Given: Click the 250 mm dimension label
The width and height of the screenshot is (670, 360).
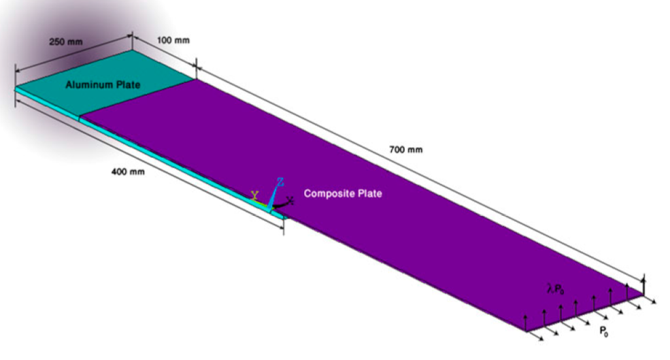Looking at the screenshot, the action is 66,42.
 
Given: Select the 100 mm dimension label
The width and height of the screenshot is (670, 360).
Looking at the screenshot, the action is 173,41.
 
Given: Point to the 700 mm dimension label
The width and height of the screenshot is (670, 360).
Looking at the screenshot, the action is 406,150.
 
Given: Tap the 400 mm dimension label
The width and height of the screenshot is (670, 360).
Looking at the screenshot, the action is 128,172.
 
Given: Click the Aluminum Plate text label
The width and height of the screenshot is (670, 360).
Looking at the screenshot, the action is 103,84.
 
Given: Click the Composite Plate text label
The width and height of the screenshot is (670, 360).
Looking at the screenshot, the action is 343,193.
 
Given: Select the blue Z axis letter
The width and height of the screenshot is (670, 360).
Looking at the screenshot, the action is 280,182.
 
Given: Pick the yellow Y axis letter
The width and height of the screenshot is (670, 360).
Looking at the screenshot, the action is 254,196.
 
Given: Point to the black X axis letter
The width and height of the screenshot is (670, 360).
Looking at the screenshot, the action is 290,200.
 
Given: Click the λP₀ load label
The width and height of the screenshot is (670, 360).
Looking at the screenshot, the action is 556,289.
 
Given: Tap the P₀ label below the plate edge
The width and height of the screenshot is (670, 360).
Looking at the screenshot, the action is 604,331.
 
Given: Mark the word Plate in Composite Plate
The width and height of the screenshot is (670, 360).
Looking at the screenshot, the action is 369,193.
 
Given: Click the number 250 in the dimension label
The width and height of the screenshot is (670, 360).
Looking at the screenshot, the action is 57,42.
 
